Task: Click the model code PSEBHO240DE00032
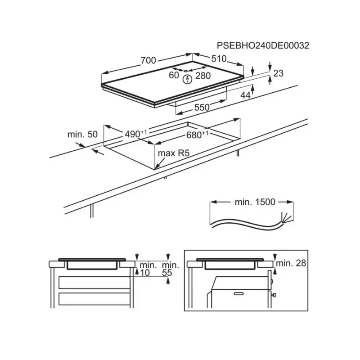[x=263, y=45]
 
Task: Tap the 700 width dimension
[x=148, y=60]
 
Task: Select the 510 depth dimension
[x=219, y=59]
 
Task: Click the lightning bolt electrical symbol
[x=188, y=79]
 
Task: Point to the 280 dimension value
[x=203, y=76]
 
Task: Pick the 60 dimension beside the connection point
[x=174, y=75]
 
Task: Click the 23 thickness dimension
[x=278, y=73]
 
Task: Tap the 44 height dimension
[x=245, y=95]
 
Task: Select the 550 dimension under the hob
[x=202, y=107]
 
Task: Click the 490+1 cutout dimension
[x=136, y=134]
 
